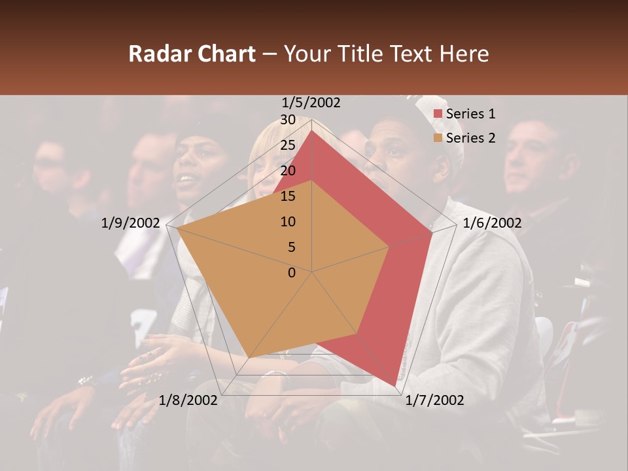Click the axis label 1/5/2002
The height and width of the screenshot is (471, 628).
tap(311, 103)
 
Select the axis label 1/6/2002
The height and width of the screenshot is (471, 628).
tap(492, 223)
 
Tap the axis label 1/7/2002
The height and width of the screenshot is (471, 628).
tap(434, 400)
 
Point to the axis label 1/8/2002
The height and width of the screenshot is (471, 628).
tap(188, 400)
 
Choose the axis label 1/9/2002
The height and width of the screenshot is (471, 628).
tap(131, 223)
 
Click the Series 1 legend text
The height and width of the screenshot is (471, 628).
tap(470, 114)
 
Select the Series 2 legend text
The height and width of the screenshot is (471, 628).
tap(470, 138)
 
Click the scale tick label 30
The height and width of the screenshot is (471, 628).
tap(288, 120)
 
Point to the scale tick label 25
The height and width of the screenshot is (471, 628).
tap(288, 145)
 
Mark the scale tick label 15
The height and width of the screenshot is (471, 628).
tap(288, 196)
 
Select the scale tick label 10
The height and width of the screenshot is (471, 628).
tap(288, 222)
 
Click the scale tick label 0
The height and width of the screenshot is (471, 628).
tap(292, 273)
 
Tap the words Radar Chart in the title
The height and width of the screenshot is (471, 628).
tap(192, 54)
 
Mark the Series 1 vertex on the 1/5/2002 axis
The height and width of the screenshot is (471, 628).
tap(312, 130)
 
